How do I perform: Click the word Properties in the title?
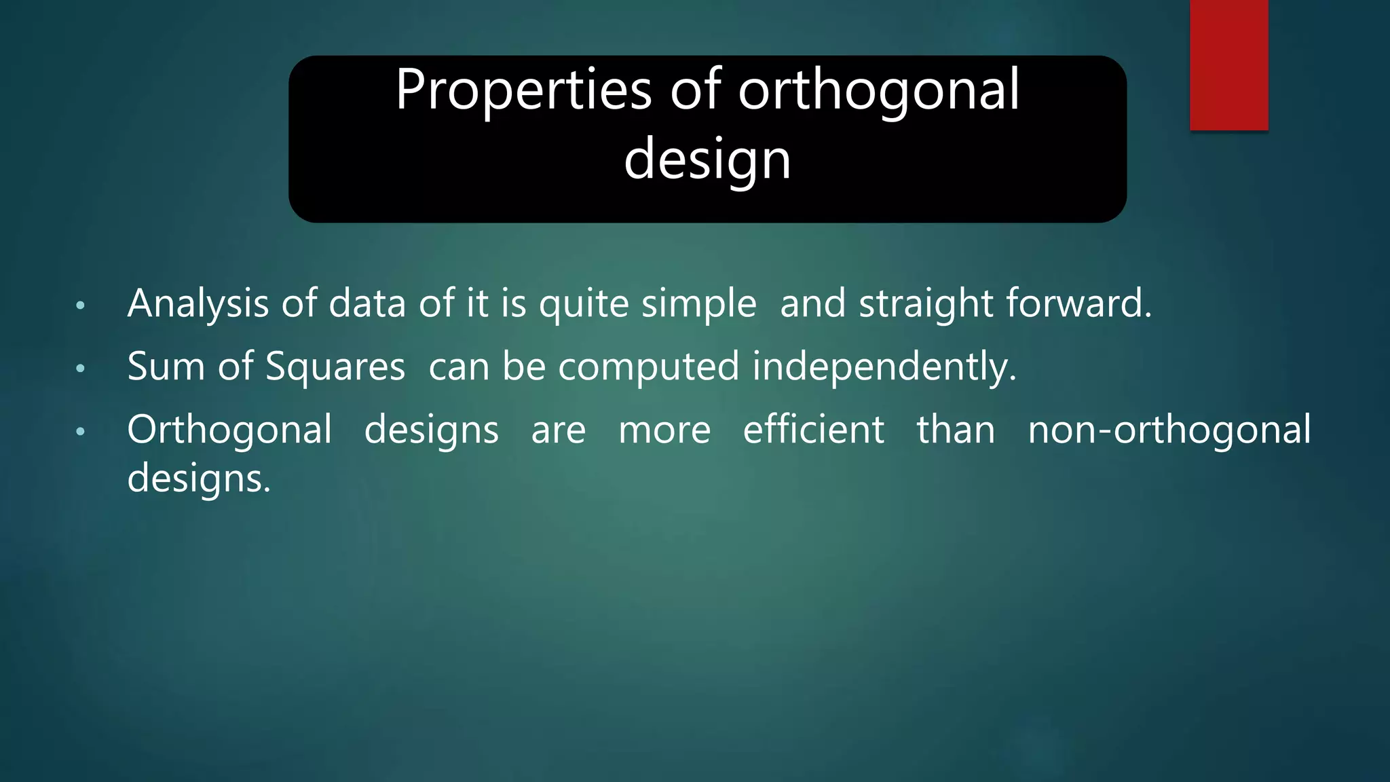click(x=523, y=90)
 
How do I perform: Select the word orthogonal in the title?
click(x=879, y=90)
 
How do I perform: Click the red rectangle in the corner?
click(x=1228, y=64)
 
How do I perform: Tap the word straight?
click(x=926, y=303)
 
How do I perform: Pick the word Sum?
click(x=166, y=367)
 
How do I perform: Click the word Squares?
click(x=335, y=367)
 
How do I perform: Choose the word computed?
click(x=648, y=367)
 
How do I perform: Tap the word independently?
click(x=884, y=367)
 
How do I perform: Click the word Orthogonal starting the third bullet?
click(x=229, y=430)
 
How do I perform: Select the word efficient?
click(x=813, y=430)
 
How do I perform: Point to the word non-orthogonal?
click(x=1169, y=430)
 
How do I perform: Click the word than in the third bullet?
click(x=956, y=430)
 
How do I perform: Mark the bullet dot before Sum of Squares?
click(x=81, y=369)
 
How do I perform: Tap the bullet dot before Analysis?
click(x=81, y=305)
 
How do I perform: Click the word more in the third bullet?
click(x=664, y=430)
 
